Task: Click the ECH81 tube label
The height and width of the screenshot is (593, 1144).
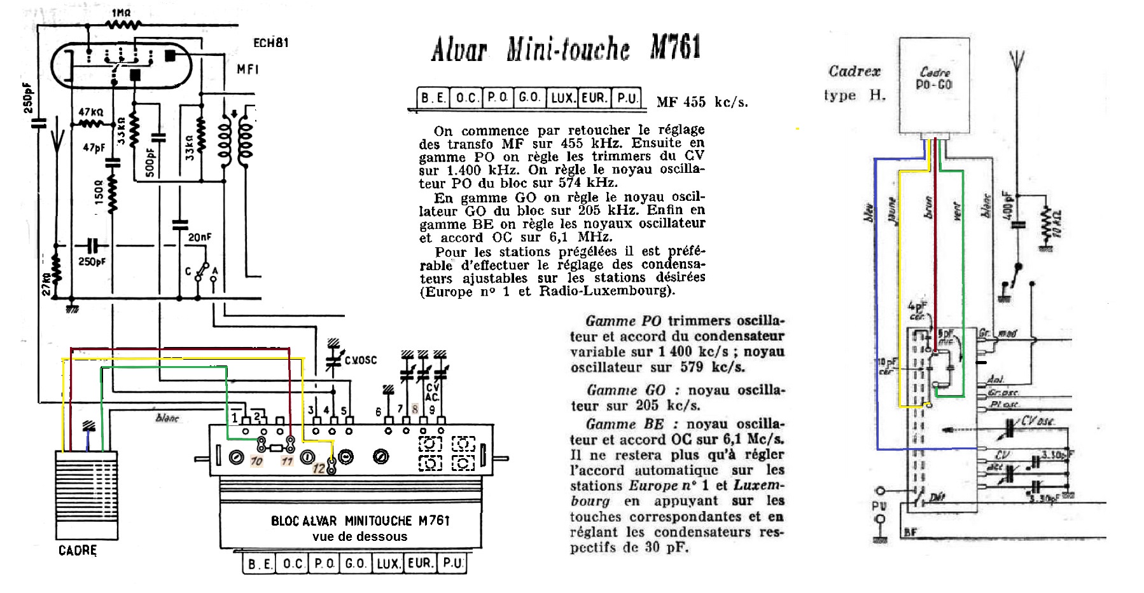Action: click(x=270, y=43)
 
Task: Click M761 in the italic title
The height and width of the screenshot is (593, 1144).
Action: click(x=675, y=48)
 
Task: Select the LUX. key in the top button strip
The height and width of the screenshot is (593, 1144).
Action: click(x=562, y=98)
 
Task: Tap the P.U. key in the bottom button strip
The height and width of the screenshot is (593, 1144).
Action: click(x=453, y=563)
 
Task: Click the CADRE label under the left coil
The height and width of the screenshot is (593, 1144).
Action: click(x=78, y=550)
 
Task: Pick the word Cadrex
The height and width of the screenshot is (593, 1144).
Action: click(x=854, y=71)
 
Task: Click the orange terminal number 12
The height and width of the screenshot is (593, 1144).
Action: click(x=319, y=469)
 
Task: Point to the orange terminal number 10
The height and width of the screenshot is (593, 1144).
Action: click(x=256, y=461)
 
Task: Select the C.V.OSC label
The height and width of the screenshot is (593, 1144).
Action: click(x=361, y=360)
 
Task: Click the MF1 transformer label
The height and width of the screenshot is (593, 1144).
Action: click(x=248, y=69)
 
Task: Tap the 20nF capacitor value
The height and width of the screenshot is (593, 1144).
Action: click(x=200, y=238)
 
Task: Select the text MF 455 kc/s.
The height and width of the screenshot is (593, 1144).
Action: click(x=702, y=102)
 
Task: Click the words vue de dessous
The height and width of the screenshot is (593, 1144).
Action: click(x=359, y=536)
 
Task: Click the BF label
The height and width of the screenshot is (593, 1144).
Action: click(x=910, y=533)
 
